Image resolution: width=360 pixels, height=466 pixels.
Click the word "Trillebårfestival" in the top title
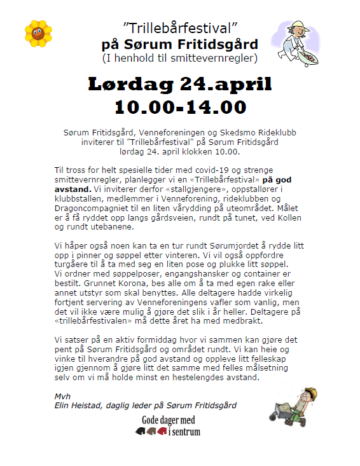[x=179, y=29]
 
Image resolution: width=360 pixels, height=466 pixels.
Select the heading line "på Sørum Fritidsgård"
[x=180, y=45]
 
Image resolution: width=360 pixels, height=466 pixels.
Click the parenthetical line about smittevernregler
[x=180, y=58]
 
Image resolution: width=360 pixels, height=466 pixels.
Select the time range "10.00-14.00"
[x=180, y=106]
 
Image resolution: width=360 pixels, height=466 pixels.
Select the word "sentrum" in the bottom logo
[x=184, y=432]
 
